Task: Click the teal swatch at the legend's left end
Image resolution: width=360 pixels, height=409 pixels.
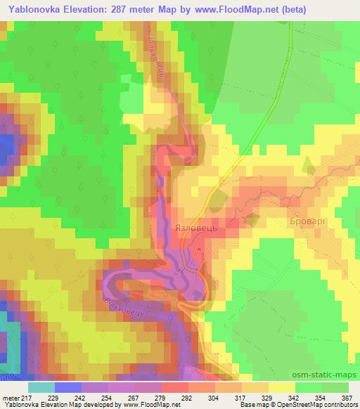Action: coord(41,387)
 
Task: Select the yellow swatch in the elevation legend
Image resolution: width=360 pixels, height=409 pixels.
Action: coord(282,387)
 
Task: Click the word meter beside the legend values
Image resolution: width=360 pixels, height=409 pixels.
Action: coord(9,398)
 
